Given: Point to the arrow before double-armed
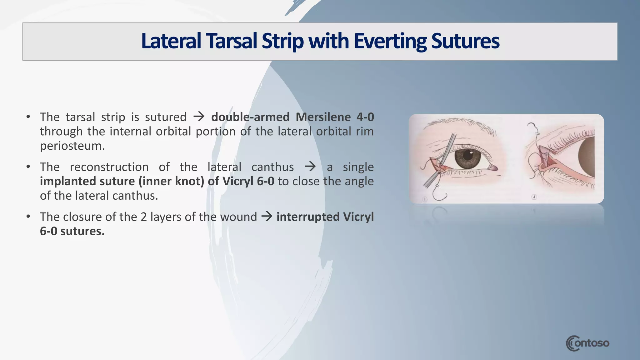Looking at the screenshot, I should tap(199, 117).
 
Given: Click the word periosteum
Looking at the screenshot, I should tap(72, 146).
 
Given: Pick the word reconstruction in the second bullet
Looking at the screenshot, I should tap(109, 167).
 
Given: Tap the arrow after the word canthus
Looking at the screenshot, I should tap(310, 167).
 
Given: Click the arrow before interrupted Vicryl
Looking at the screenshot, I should tap(267, 216).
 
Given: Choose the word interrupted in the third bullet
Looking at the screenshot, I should tap(308, 217).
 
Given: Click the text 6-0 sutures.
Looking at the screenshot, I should tap(72, 231).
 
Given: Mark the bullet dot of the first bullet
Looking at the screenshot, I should tap(28, 117).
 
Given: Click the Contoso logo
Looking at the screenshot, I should tap(587, 343).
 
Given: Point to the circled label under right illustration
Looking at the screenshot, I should tap(534, 197).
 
